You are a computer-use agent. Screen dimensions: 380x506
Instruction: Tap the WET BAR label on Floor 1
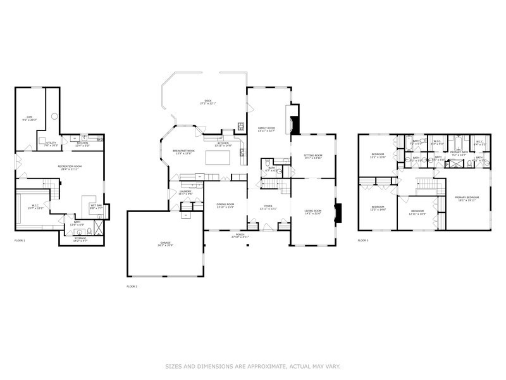coord(96,205)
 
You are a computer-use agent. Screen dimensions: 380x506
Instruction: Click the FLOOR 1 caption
coord(20,241)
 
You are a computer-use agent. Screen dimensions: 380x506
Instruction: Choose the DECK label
coord(207,101)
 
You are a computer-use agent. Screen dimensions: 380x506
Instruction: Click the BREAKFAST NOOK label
coord(183,151)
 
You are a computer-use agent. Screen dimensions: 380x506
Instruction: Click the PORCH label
coord(240,235)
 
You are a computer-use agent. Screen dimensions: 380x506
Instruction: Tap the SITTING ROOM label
coord(313,156)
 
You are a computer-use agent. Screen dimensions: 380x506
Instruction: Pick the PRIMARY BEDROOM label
coord(467,198)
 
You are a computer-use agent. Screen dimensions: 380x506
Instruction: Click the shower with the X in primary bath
coord(453,163)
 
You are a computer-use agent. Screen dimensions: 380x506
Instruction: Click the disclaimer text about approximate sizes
coord(253,366)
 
